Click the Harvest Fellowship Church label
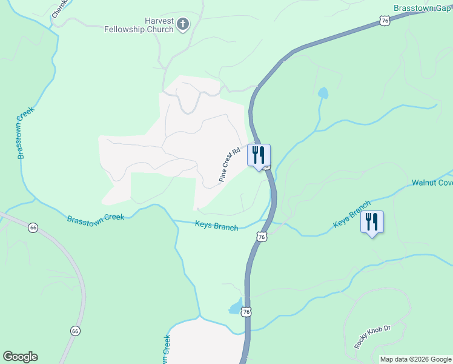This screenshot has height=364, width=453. click(x=139, y=25)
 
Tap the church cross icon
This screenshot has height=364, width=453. click(x=183, y=25)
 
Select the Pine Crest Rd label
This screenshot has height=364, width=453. click(x=230, y=164)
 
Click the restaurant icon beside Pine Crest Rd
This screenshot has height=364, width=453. click(x=259, y=155)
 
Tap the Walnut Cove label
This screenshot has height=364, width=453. click(x=432, y=183)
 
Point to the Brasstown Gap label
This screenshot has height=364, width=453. click(x=423, y=8)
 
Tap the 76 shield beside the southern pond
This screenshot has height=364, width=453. click(x=245, y=312)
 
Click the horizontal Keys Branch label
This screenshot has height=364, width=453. click(x=217, y=224)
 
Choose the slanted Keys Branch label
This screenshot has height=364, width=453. click(x=352, y=215)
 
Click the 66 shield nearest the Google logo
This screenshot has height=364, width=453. click(x=75, y=331)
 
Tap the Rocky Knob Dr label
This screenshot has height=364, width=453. click(x=372, y=337)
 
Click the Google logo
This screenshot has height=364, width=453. click(x=20, y=357)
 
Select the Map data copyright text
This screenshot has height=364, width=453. click(x=416, y=359)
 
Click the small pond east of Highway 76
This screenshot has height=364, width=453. click(x=323, y=93)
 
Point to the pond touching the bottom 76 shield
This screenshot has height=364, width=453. click(x=236, y=308)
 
